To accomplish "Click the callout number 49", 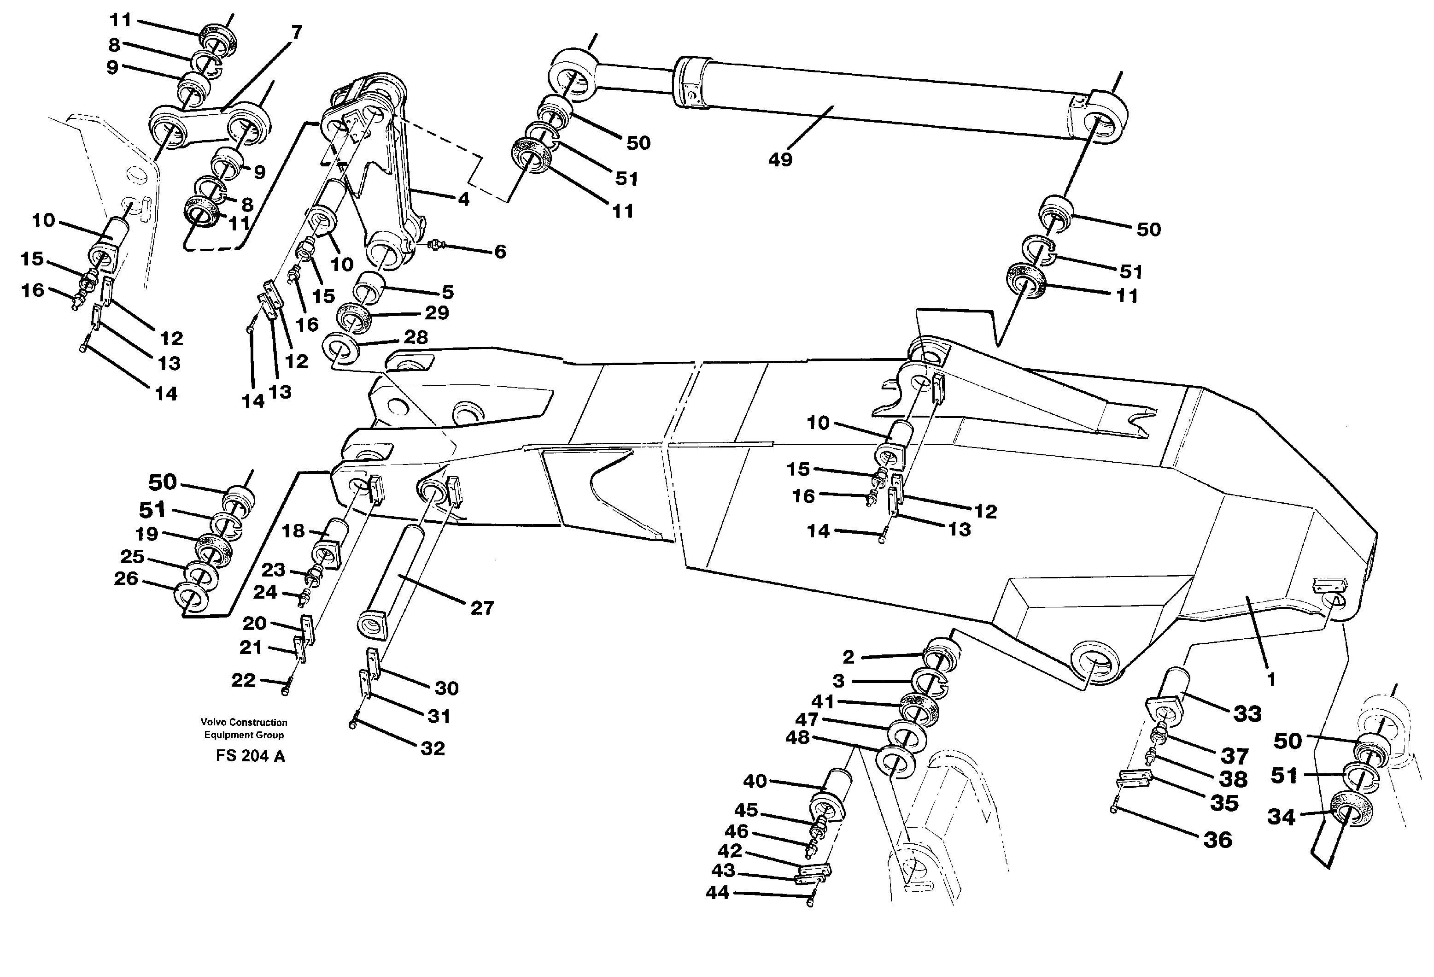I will (x=780, y=160).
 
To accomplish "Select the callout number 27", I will (x=482, y=608).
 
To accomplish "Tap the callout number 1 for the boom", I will (x=1271, y=679).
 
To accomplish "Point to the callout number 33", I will (x=1247, y=714).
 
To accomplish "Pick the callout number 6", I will (x=500, y=252).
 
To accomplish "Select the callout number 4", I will (x=463, y=200).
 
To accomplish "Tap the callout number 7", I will (x=297, y=33).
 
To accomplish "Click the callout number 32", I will (x=432, y=748).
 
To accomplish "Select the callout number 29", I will (x=437, y=313).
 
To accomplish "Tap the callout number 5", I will (x=447, y=291).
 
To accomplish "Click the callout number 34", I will (x=1282, y=817).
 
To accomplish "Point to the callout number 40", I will (x=755, y=781).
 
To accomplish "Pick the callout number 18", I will (x=294, y=531).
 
